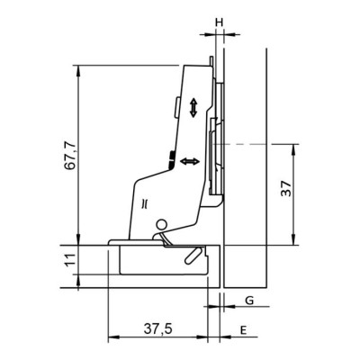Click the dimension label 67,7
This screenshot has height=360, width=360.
pos(70,157)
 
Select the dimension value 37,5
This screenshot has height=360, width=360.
pos(157,329)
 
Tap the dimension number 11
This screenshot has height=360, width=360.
pos(70,260)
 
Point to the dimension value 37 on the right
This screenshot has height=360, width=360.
pos(286,188)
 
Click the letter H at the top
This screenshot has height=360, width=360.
pos(220,22)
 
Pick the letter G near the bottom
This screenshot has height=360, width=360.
pos(249,300)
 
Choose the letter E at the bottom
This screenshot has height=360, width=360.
pos(244,330)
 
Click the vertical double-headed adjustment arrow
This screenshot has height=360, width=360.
pos(193,108)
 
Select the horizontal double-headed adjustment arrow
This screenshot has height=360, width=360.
pos(190,161)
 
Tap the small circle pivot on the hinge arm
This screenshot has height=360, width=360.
pos(161,225)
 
